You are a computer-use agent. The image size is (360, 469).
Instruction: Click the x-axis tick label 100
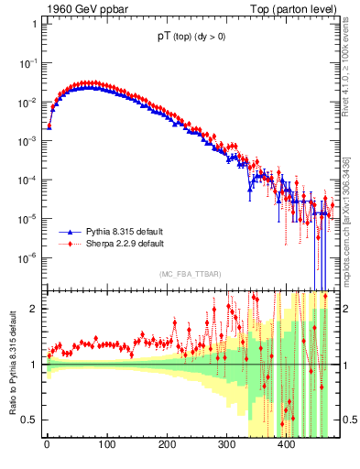107,446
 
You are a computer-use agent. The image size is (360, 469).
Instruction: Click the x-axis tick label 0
47,446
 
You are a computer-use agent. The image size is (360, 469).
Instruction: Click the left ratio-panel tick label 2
34,309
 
